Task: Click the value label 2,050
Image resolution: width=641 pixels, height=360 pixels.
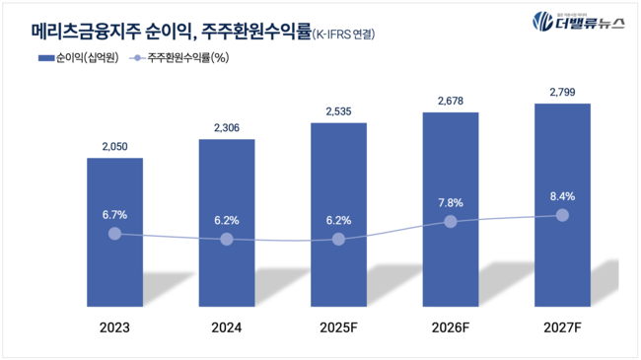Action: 114,147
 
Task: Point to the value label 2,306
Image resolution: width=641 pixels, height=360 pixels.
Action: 227,127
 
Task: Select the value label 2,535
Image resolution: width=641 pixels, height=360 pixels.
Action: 338,111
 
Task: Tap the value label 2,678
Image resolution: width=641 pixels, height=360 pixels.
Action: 451,101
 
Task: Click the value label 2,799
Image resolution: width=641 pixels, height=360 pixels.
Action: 562,92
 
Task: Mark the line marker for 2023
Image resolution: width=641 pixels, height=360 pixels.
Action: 114,234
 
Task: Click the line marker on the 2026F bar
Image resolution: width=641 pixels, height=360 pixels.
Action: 451,222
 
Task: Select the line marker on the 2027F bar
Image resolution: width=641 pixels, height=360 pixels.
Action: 562,215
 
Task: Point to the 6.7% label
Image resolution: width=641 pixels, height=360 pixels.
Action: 114,214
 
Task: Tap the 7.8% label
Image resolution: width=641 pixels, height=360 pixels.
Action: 451,202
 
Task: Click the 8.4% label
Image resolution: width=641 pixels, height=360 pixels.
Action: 562,195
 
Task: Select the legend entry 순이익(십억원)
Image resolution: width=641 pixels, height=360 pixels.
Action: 79,58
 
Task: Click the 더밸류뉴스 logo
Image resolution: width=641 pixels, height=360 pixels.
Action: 578,23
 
